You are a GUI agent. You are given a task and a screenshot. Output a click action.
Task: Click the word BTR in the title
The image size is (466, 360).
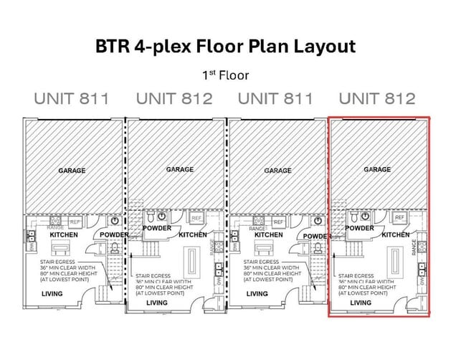(112, 47)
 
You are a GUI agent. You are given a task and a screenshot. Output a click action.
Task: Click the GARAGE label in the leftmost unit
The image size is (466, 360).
(72, 171)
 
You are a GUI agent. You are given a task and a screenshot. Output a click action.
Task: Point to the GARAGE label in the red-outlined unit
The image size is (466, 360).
(377, 169)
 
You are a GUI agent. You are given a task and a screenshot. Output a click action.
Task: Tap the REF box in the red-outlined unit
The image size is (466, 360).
(399, 217)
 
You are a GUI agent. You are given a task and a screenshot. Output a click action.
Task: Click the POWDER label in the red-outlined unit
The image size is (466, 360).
(360, 228)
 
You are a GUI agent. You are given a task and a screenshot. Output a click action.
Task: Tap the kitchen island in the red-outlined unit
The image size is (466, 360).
(394, 261)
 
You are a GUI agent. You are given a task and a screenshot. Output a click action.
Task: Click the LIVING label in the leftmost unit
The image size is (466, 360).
(53, 293)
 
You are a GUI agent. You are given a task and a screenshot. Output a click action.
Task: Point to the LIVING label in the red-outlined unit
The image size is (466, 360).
(361, 303)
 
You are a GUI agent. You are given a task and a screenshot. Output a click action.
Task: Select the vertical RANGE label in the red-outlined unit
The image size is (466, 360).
(414, 247)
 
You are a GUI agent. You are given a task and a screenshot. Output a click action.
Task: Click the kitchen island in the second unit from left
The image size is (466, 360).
(192, 261)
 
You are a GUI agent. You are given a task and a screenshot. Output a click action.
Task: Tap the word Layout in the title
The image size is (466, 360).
(323, 47)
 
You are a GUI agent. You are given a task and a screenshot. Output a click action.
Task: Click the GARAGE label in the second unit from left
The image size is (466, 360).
(179, 169)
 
